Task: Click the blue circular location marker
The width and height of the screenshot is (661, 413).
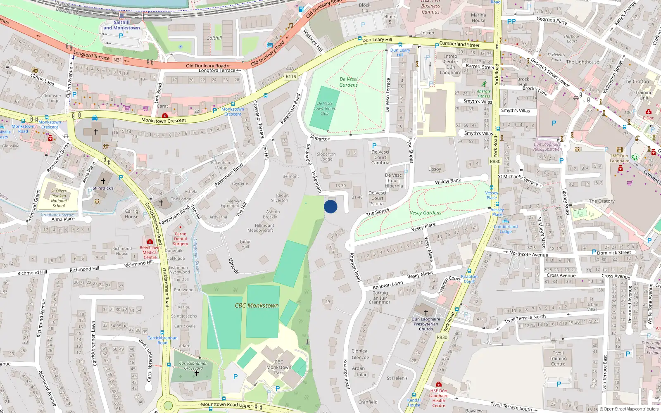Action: pos(330,206)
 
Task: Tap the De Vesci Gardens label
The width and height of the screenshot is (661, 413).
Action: pos(349,82)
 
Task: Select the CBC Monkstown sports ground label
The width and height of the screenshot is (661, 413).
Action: pos(257,306)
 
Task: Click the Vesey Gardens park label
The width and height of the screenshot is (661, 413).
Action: pos(426,213)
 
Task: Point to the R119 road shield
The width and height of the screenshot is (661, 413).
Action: pos(291,76)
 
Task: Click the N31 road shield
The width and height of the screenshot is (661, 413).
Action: pos(118,60)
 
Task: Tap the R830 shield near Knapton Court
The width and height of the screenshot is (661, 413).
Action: pos(442,337)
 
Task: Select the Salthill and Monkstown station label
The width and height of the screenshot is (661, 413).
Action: pos(121,25)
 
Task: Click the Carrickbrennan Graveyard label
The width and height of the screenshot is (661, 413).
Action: pos(193,366)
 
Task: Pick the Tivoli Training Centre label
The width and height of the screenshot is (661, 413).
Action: pos(558,358)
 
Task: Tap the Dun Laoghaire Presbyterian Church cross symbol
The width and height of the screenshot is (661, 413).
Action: pos(426,313)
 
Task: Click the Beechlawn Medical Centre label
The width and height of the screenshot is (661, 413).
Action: pos(150,252)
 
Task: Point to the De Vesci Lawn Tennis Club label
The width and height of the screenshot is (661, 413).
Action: pos(325,108)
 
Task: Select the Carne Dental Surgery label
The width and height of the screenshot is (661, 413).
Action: pos(181,239)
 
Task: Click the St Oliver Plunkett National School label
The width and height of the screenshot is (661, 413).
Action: pos(59,198)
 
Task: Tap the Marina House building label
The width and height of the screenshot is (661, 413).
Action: pos(478,17)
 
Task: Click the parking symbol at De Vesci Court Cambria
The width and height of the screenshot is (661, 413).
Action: pos(374,146)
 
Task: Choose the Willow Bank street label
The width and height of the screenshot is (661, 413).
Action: pos(448,181)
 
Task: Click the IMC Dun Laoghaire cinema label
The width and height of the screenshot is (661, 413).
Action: pos(620,159)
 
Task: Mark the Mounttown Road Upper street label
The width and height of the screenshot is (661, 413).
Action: pos(226,405)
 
